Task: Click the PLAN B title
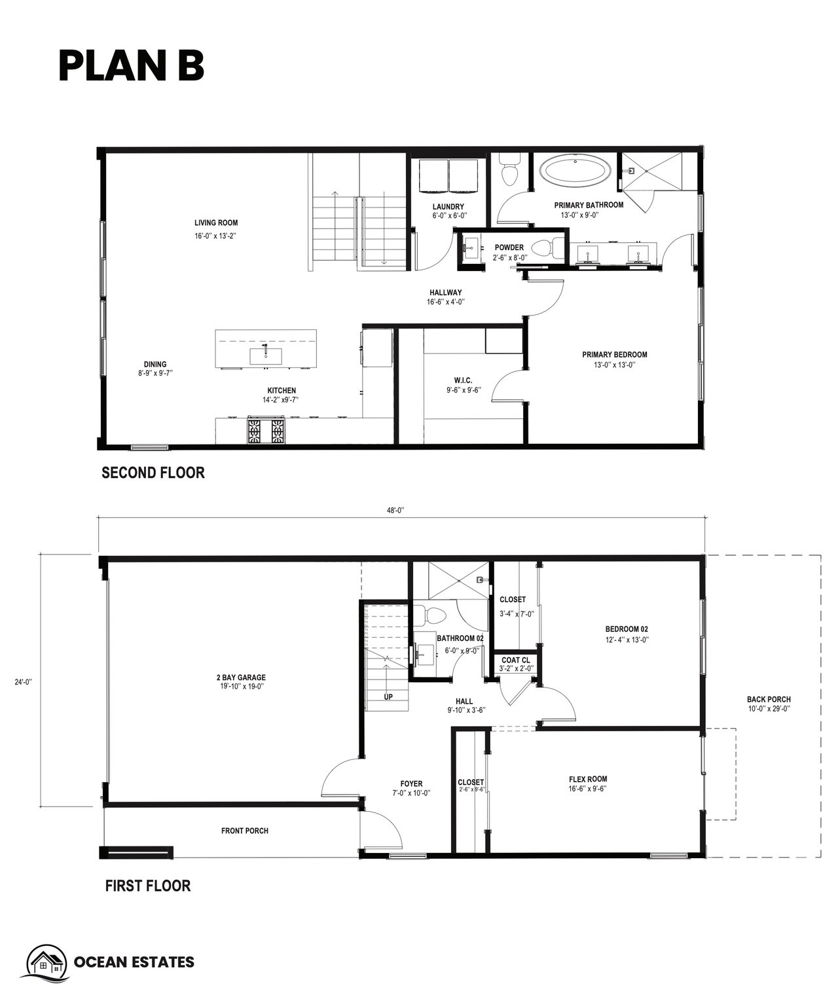131,65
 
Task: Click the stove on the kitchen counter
266,431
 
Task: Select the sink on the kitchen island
266,355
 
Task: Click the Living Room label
215,223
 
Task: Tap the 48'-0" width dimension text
395,511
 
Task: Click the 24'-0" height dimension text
23,681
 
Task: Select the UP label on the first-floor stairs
388,697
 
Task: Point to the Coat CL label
516,660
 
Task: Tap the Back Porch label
769,699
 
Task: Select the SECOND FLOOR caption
153,473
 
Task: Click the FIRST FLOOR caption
148,886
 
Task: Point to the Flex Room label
588,779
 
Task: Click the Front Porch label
245,831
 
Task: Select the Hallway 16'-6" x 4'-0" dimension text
445,302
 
